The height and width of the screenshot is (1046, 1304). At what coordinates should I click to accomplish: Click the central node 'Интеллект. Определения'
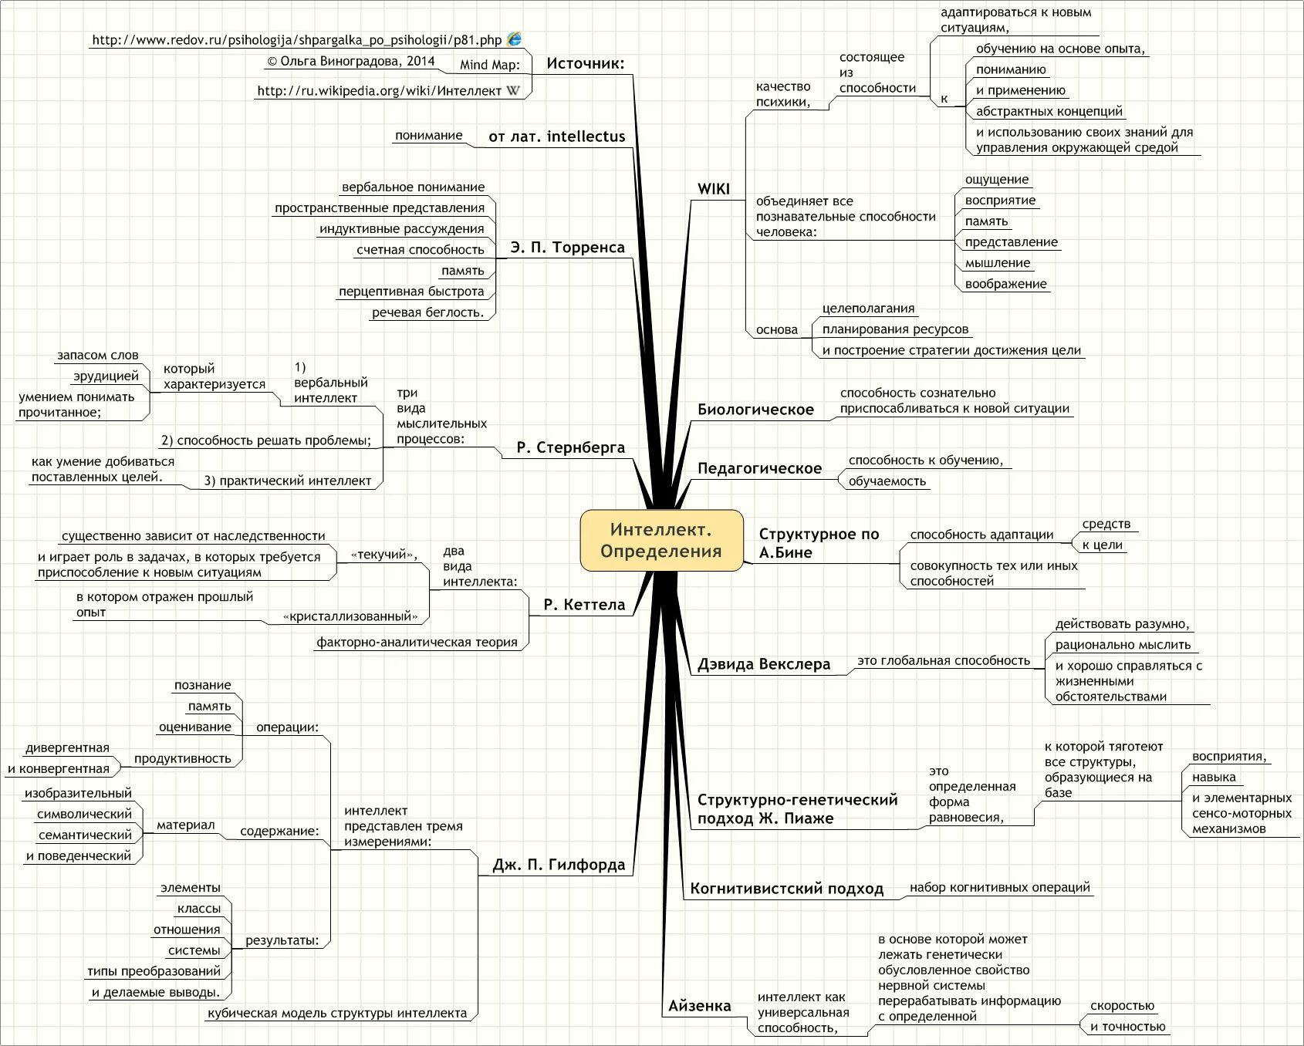tap(661, 540)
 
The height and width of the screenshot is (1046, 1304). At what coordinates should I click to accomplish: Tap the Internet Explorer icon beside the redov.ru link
tap(514, 39)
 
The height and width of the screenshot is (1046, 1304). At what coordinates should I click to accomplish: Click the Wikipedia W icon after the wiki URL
tap(513, 91)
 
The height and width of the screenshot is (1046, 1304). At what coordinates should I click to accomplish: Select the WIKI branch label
tap(713, 189)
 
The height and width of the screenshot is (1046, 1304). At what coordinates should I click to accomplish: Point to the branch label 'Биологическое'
tap(755, 410)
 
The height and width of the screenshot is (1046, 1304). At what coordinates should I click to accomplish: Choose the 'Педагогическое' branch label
tap(759, 468)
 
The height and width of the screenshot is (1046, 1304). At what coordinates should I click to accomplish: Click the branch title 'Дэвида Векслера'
tap(764, 664)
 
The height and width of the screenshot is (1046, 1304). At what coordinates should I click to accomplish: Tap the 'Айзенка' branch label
tap(699, 1006)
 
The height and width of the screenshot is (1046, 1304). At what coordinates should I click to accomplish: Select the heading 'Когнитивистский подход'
tap(786, 889)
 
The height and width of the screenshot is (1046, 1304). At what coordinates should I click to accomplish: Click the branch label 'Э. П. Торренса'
tap(567, 248)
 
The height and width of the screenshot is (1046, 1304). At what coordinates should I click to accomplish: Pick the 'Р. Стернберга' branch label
tap(570, 447)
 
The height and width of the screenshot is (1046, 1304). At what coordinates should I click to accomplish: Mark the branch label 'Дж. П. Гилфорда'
tap(559, 865)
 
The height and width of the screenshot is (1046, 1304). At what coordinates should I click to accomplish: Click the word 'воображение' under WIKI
tap(1005, 284)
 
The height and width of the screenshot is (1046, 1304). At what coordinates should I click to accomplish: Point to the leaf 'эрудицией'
tap(106, 376)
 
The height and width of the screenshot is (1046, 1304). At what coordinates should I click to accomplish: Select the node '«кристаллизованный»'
tap(350, 616)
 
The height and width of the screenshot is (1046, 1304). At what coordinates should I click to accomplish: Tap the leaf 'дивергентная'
tap(67, 748)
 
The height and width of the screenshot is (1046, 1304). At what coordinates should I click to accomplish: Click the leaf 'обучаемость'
tap(887, 481)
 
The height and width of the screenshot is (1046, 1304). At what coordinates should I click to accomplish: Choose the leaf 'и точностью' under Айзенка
tap(1127, 1027)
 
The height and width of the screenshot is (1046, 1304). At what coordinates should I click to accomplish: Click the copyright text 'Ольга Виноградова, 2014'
tap(351, 62)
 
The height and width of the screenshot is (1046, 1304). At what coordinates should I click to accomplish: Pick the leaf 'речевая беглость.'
tap(427, 312)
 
